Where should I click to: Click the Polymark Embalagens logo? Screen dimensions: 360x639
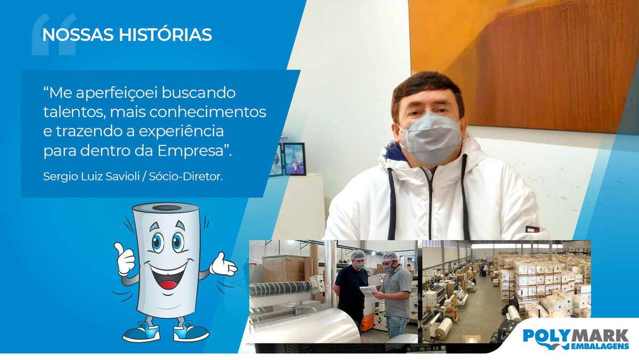click(x=576, y=339)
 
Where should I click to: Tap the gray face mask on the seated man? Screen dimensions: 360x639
click(x=430, y=137)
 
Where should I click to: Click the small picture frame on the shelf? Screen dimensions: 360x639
click(x=294, y=159)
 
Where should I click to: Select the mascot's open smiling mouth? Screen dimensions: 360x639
click(x=167, y=274)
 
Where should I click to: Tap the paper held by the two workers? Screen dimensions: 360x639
click(x=368, y=291)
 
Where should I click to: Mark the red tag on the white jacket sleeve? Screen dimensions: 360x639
click(x=532, y=230)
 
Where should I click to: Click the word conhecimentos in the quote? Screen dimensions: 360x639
click(x=213, y=113)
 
